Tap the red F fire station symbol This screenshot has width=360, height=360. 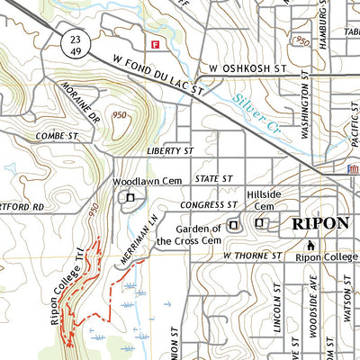[156, 43]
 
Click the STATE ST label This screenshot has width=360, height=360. [214, 178]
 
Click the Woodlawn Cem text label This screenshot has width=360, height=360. [135, 181]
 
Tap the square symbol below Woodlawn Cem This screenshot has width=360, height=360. [130, 198]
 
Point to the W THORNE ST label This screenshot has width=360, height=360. [253, 256]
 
